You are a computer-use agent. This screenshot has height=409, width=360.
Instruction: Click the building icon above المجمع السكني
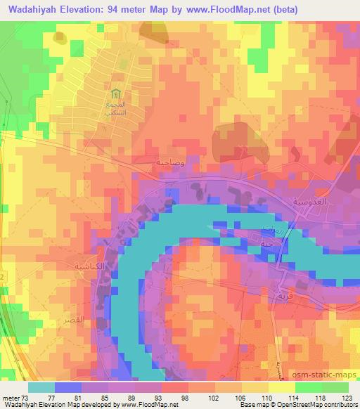pos(115,93)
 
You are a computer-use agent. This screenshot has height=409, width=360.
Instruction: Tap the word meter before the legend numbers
pos(11,397)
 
